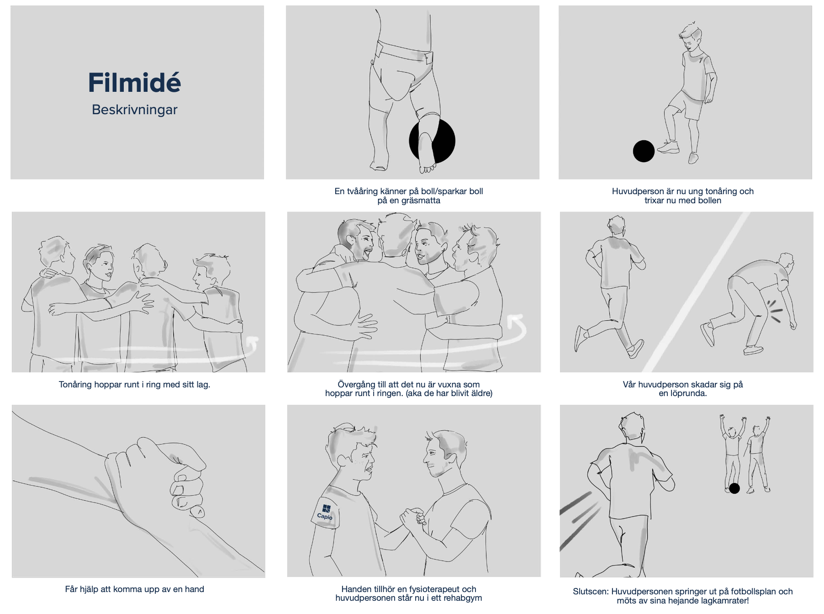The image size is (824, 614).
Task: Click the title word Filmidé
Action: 135,83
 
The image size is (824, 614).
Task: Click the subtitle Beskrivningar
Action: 135,110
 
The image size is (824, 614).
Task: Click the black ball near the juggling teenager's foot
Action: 644,151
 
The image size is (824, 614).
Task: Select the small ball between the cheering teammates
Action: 734,488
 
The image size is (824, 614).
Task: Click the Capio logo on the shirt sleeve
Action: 325,512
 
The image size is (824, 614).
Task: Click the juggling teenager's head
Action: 691,35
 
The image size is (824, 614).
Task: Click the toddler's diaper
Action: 403,69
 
